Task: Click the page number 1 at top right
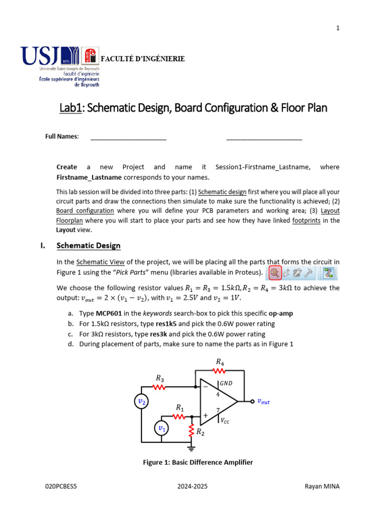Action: point(338,28)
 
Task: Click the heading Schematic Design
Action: point(88,245)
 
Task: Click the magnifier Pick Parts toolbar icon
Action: point(274,273)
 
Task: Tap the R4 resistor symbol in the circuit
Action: point(220,371)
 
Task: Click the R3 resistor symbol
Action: point(159,387)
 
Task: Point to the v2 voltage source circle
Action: point(142,402)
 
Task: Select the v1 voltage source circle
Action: point(161,428)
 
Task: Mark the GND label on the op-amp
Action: point(226,383)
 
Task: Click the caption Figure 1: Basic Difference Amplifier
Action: point(198,462)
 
